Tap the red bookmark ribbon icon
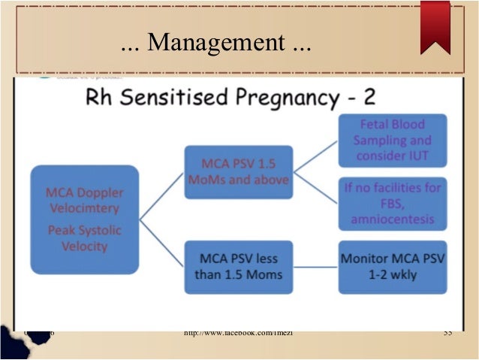pos(435,26)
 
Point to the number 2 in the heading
pos(370,99)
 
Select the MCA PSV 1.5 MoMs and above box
pos(238,172)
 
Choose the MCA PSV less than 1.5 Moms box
pos(238,266)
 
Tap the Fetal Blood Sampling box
pos(392,141)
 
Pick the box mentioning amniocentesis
pos(392,203)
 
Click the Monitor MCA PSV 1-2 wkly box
pos(392,266)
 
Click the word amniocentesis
pos(392,219)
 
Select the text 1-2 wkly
pos(393,274)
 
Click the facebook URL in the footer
pos(238,333)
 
